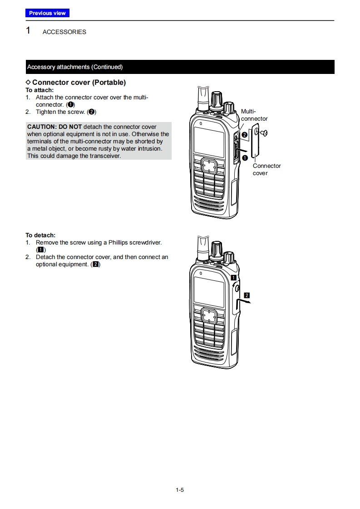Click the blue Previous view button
[x=47, y=13]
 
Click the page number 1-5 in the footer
[x=180, y=489]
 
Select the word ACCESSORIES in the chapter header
[x=64, y=32]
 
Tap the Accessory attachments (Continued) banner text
[x=75, y=67]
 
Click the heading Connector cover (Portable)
[x=79, y=83]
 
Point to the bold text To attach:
[x=39, y=90]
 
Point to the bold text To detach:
[x=40, y=235]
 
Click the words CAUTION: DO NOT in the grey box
[x=54, y=127]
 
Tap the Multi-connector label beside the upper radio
[x=254, y=115]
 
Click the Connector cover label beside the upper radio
[x=266, y=169]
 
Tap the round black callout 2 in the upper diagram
[x=244, y=135]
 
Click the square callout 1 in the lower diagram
[x=233, y=277]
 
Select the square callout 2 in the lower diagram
[x=247, y=295]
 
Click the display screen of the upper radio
[x=208, y=142]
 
